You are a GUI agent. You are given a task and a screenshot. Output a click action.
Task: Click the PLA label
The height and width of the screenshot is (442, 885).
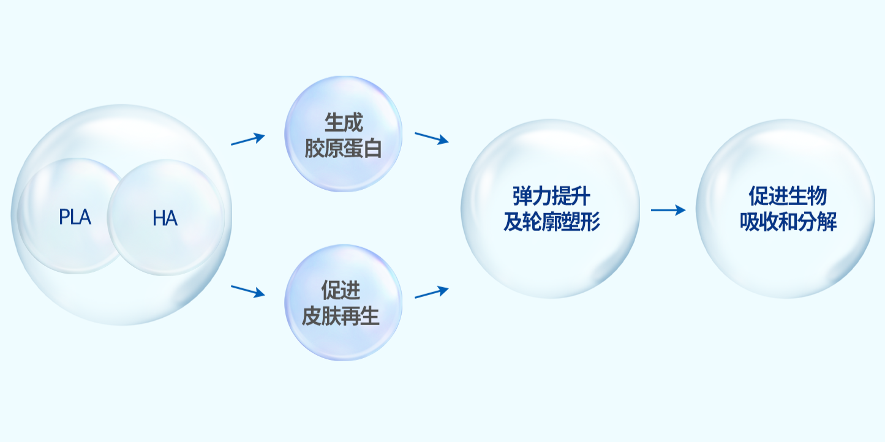click(x=75, y=217)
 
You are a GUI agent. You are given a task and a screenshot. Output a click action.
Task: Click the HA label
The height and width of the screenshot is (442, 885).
click(x=165, y=218)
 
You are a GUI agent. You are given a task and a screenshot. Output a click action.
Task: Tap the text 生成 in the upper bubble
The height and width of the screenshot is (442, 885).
click(x=344, y=122)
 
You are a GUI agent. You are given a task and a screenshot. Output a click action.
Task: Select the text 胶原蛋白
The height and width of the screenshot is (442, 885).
click(x=343, y=149)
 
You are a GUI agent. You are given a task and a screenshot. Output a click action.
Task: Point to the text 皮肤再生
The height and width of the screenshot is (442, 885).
click(x=341, y=316)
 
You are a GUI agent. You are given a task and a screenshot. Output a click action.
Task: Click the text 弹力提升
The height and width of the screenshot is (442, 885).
click(x=552, y=196)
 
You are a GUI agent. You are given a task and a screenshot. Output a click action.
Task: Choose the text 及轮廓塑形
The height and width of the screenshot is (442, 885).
click(x=552, y=222)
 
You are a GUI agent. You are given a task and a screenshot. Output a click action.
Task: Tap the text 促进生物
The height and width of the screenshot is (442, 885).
click(x=788, y=196)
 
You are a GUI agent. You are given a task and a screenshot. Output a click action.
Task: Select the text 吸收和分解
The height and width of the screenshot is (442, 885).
click(x=788, y=222)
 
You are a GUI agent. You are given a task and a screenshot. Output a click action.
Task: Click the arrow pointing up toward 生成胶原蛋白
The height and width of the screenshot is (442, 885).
click(x=247, y=140)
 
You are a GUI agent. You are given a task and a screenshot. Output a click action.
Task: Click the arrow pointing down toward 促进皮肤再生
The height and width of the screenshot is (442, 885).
click(x=247, y=291)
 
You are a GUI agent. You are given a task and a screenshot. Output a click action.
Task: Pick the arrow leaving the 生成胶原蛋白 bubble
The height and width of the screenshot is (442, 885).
click(x=431, y=138)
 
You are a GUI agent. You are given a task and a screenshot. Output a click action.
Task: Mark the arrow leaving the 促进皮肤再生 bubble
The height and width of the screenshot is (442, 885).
click(x=431, y=292)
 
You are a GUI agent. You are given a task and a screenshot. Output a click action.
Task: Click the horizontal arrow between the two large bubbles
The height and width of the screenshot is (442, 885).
click(x=668, y=210)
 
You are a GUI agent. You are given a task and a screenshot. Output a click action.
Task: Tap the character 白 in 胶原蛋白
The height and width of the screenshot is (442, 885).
click(x=372, y=149)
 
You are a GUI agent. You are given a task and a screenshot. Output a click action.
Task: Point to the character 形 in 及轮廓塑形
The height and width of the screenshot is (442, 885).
click(x=590, y=222)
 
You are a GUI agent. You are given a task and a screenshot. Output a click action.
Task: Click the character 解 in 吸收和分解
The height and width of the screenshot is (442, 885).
click(x=827, y=222)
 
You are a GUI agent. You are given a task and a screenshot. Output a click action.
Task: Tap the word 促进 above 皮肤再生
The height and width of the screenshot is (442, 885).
click(x=341, y=290)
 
